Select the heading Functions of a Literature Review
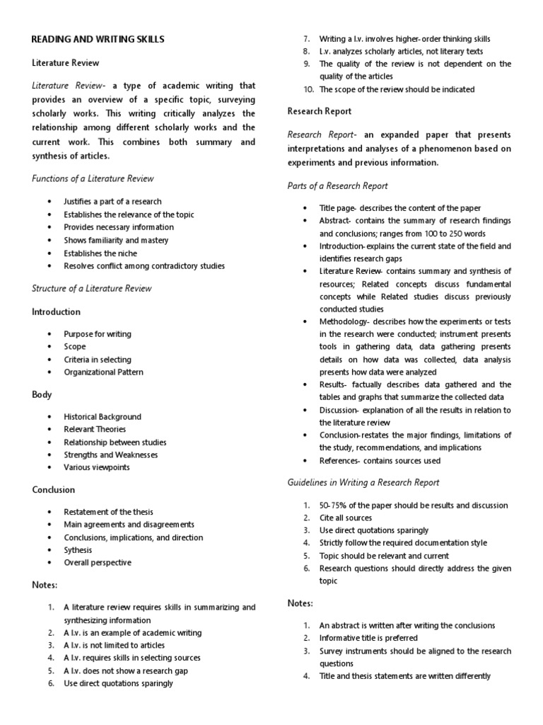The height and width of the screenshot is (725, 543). point(93,178)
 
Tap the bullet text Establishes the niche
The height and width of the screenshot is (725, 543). point(100,253)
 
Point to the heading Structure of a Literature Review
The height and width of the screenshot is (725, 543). point(92,288)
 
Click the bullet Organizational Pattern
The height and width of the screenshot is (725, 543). point(103,372)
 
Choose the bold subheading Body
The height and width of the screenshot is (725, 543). point(42,394)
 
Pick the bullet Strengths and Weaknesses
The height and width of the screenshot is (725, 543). point(111,455)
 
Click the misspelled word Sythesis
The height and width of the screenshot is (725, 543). point(78,550)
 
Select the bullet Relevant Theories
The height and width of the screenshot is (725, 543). point(95,429)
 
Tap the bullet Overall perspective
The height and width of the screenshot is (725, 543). point(98,563)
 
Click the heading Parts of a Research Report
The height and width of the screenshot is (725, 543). point(337,186)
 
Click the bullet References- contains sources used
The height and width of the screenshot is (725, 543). point(380,460)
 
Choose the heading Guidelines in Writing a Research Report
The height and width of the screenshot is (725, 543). point(363,482)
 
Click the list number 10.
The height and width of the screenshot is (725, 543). point(308,89)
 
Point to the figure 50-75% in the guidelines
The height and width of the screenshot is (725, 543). point(333,505)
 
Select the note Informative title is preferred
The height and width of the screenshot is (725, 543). point(368,638)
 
